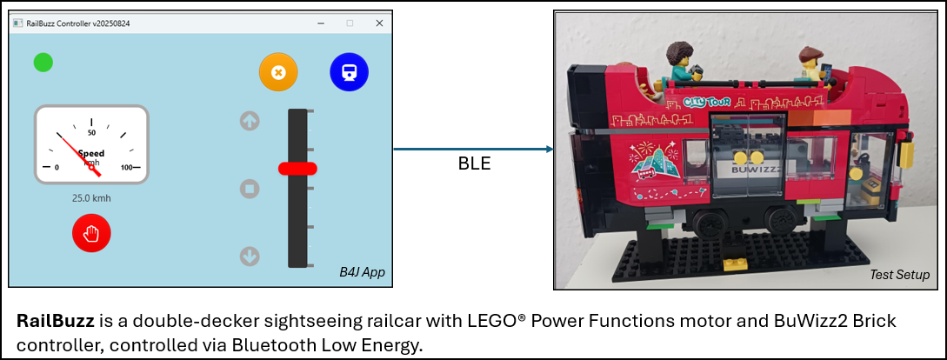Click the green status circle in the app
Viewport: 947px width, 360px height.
43,63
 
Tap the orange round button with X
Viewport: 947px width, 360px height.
278,72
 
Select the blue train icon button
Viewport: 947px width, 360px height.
349,72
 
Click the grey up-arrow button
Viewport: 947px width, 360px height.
250,121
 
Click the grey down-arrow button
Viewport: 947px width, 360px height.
250,257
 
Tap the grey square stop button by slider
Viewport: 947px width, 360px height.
250,189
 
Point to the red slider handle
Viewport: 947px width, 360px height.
297,168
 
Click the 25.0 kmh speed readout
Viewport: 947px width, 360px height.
91,198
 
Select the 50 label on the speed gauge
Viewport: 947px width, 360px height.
91,133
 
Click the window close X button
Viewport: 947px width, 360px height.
379,23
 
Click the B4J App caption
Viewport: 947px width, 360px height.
362,273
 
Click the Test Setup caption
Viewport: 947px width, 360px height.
899,275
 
